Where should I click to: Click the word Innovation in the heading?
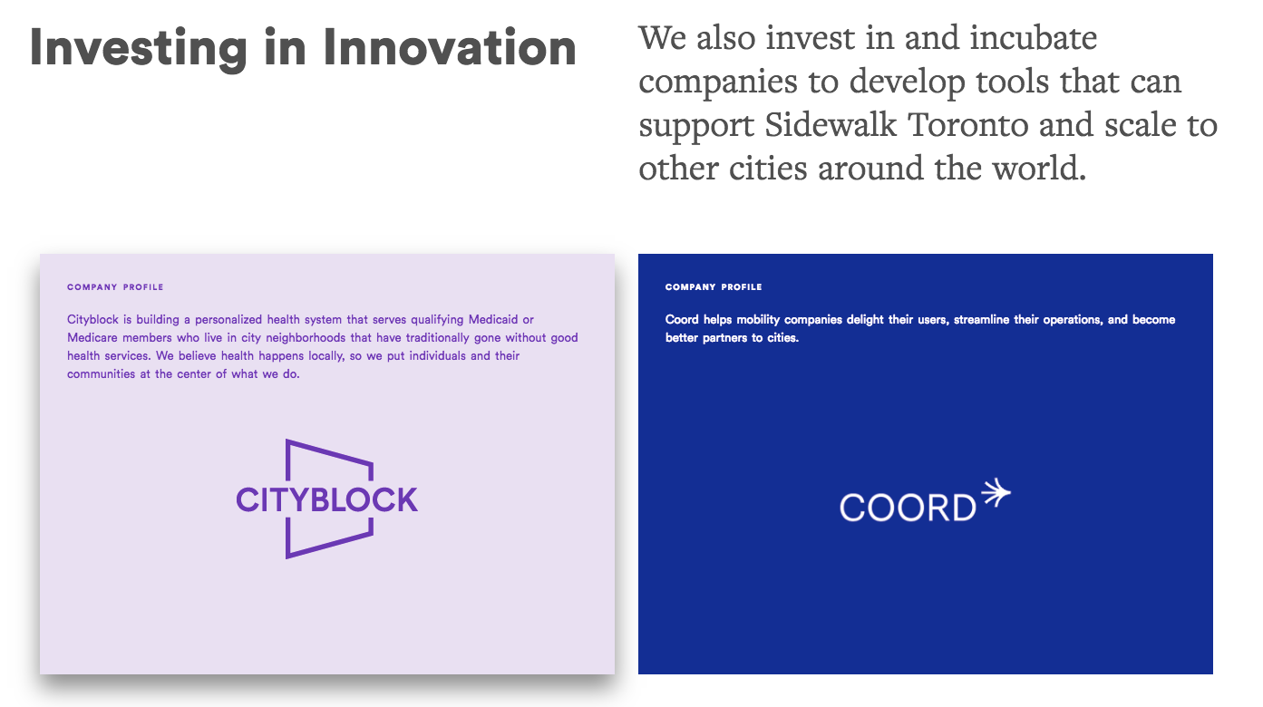point(450,47)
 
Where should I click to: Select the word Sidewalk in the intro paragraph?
point(831,124)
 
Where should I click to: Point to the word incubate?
point(1034,38)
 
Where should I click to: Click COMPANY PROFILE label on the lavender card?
point(115,287)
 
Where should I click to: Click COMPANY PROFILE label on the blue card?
point(714,287)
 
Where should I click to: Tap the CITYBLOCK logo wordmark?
point(327,499)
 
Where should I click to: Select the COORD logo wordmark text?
point(908,508)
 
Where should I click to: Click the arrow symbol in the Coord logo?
point(996,493)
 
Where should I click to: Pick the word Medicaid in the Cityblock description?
point(493,319)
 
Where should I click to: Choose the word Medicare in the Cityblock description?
point(92,337)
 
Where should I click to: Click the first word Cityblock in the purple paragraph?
point(93,320)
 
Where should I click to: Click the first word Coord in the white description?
point(682,319)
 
